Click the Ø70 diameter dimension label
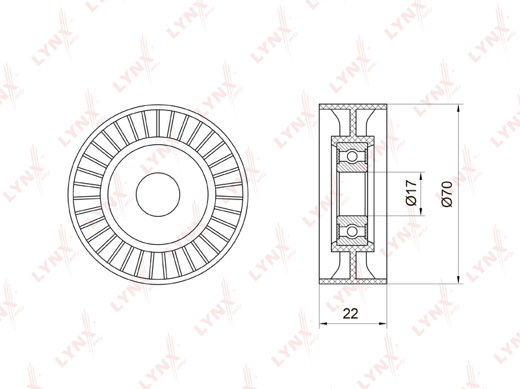447,194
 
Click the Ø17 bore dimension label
411,193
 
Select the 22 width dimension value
350,313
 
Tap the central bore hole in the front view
158,195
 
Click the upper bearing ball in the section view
352,156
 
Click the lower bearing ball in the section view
352,232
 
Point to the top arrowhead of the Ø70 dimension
458,109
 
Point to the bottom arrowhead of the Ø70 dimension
458,279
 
